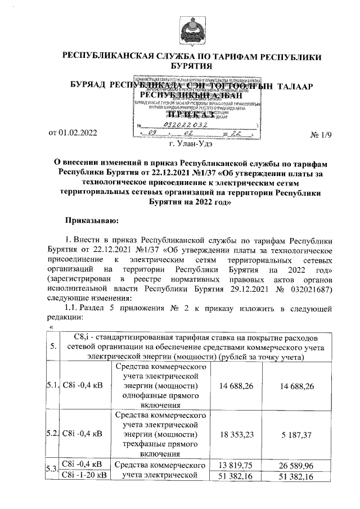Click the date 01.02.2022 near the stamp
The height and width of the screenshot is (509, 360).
(74, 133)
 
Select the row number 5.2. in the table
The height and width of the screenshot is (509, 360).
(52, 434)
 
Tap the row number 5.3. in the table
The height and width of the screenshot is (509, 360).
(52, 469)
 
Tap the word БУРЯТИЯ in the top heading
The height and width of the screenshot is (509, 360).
(194, 66)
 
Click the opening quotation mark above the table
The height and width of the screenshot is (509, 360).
(51, 328)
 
